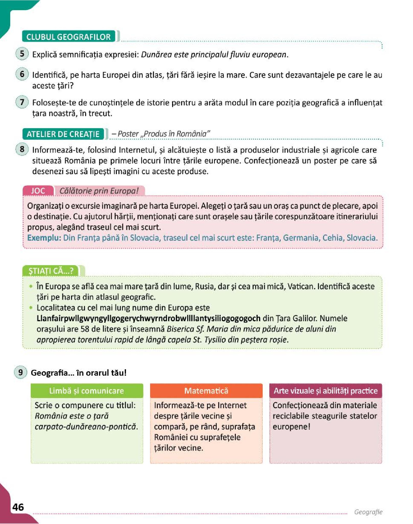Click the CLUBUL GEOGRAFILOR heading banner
(x=69, y=37)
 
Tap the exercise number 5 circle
(x=22, y=54)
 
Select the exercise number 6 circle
(x=22, y=74)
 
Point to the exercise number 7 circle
(x=22, y=102)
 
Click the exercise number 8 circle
(x=22, y=149)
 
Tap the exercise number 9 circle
(x=20, y=372)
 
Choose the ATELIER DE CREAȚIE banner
(x=63, y=134)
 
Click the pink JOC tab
(x=38, y=191)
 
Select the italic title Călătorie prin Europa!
(x=99, y=191)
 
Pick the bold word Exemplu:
(x=44, y=238)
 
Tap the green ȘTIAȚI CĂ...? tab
(x=51, y=271)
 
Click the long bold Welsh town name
(x=148, y=318)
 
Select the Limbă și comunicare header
(x=87, y=391)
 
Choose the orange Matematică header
(x=206, y=391)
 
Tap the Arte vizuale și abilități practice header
(x=326, y=391)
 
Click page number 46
(x=18, y=507)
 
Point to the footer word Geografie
(x=368, y=512)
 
